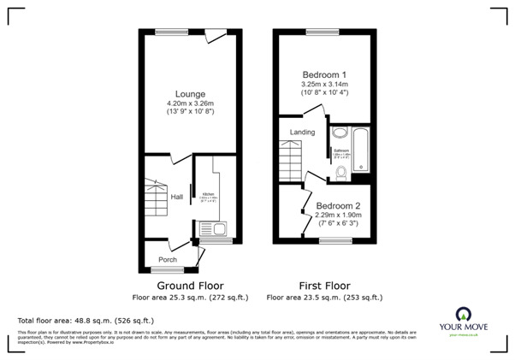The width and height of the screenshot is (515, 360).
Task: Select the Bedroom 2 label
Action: (337, 206)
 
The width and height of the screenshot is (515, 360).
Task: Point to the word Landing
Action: (302, 133)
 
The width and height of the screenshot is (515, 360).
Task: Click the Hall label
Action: (176, 197)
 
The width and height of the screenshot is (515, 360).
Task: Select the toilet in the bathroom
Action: (341, 174)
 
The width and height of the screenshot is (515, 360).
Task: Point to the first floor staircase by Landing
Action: (292, 159)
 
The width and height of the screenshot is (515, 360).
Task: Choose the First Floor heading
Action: (323, 286)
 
